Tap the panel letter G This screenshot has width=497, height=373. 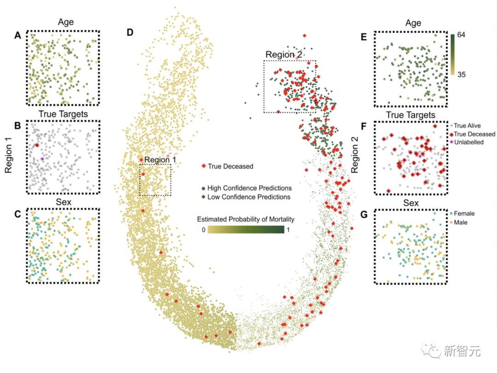(364, 214)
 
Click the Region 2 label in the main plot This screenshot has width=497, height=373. (284, 55)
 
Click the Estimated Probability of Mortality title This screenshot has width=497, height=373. (245, 219)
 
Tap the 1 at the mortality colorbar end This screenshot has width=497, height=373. (288, 229)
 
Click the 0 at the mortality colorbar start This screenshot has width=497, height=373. (203, 229)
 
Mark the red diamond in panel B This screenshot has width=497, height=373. (37, 145)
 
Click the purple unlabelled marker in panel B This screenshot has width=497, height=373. (42, 159)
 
